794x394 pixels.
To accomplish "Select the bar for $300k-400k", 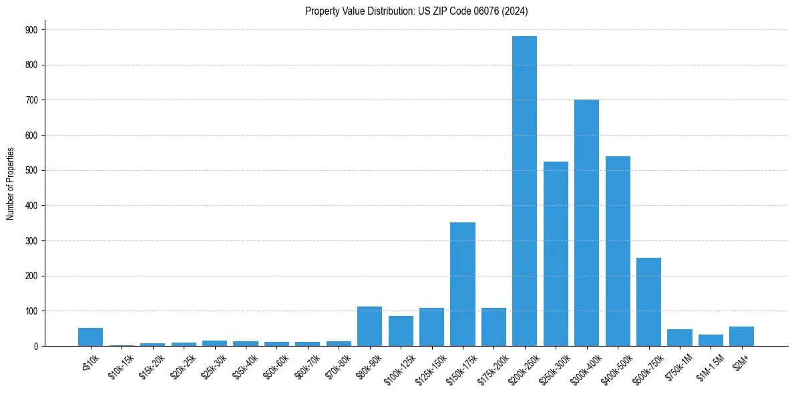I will click(x=586, y=223).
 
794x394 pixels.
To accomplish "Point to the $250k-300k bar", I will click(x=556, y=254).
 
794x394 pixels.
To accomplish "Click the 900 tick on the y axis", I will click(x=31, y=30).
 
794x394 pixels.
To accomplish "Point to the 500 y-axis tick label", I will click(x=31, y=170).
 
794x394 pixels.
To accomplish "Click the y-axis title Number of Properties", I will click(x=10, y=184).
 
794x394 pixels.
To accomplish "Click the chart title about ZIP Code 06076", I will click(x=417, y=11).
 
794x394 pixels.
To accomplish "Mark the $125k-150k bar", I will click(x=431, y=327).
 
